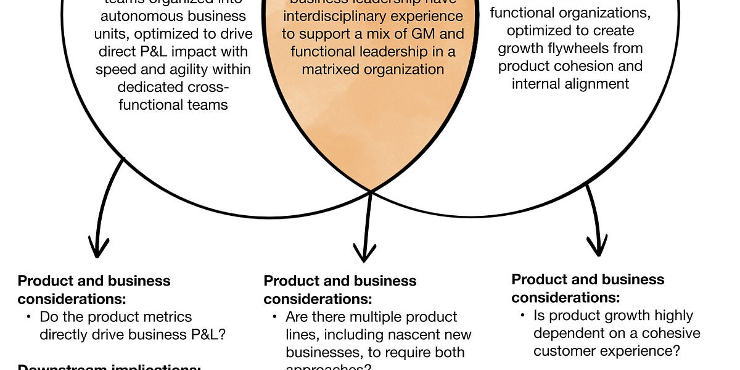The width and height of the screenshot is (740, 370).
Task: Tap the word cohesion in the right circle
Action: (x=615, y=65)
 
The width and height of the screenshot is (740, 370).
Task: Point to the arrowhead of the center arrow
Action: (x=364, y=253)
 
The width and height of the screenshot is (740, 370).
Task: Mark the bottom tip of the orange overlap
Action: (x=371, y=191)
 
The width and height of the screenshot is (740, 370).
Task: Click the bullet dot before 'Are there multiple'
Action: (x=275, y=318)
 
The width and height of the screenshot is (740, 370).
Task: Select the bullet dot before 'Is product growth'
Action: (x=522, y=316)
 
